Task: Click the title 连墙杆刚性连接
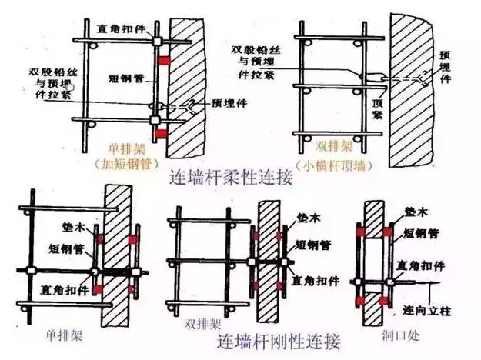pyautogui.click(x=278, y=340)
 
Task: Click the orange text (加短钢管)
pyautogui.click(x=124, y=163)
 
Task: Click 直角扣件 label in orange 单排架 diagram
pyautogui.click(x=119, y=28)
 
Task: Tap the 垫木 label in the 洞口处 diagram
pyautogui.click(x=417, y=211)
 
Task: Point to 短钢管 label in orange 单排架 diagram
pyautogui.click(x=123, y=78)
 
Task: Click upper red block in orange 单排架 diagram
pyautogui.click(x=164, y=59)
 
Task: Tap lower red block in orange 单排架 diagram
pyautogui.click(x=161, y=135)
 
